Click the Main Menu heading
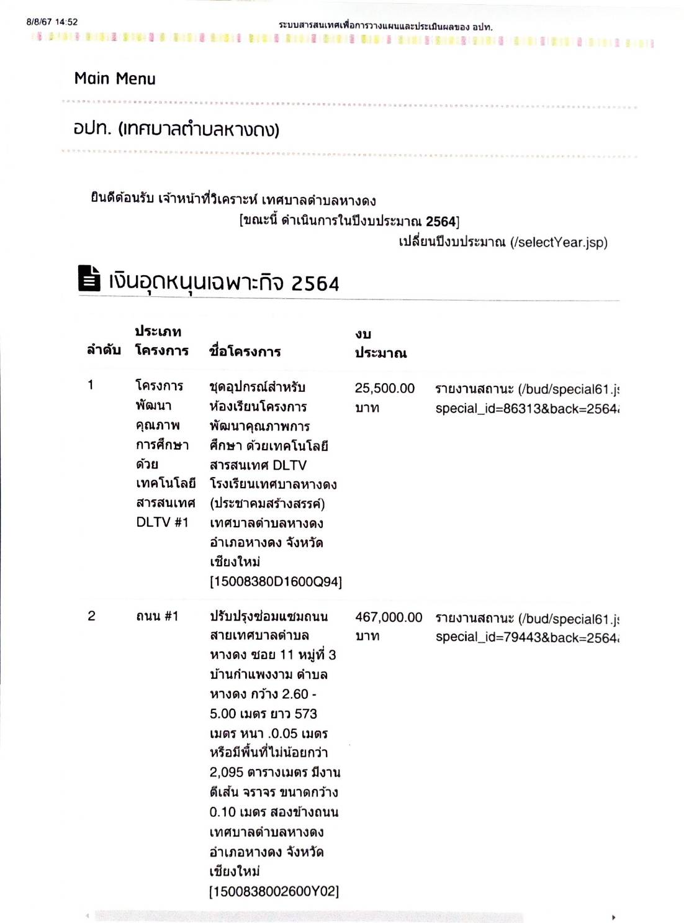coord(115,79)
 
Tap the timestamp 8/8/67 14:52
coord(52,22)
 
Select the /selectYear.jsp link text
coord(559,242)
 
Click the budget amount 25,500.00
coord(384,389)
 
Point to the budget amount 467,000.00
coord(388,617)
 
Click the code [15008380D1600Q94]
coord(276,582)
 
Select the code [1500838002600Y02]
coord(274,891)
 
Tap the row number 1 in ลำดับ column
coord(91,385)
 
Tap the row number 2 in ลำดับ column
coord(91,616)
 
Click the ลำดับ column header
coord(104,350)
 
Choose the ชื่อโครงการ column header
coord(245,352)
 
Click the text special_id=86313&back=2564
coord(526,409)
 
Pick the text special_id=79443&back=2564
coord(526,637)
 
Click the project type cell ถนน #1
coord(157,616)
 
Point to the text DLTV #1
coord(162,522)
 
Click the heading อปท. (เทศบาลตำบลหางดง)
coord(176,129)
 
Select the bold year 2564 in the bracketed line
coord(441,222)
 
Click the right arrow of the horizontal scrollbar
coord(613,917)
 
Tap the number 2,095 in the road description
coord(226,773)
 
